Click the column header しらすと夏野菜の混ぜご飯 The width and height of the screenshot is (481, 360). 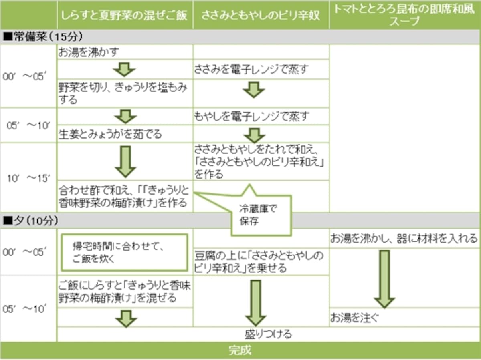124,16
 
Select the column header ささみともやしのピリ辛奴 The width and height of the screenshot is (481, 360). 260,16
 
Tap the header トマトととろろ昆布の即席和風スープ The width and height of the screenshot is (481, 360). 404,15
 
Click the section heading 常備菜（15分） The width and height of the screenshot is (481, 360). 43,36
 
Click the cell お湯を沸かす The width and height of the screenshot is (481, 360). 88,52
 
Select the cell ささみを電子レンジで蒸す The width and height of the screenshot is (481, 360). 251,69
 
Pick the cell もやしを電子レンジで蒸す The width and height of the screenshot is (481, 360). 251,116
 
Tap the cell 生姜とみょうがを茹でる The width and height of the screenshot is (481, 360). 110,134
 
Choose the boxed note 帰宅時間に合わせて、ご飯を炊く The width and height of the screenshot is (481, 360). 125,253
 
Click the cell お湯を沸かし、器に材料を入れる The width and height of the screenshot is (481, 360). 404,238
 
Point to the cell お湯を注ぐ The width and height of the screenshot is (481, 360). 354,318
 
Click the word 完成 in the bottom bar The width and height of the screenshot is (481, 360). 240,350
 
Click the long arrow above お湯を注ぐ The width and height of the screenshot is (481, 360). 384,279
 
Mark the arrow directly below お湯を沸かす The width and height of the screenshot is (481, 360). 125,70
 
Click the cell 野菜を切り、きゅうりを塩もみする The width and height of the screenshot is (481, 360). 123,93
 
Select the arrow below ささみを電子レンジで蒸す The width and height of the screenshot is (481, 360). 254,90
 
